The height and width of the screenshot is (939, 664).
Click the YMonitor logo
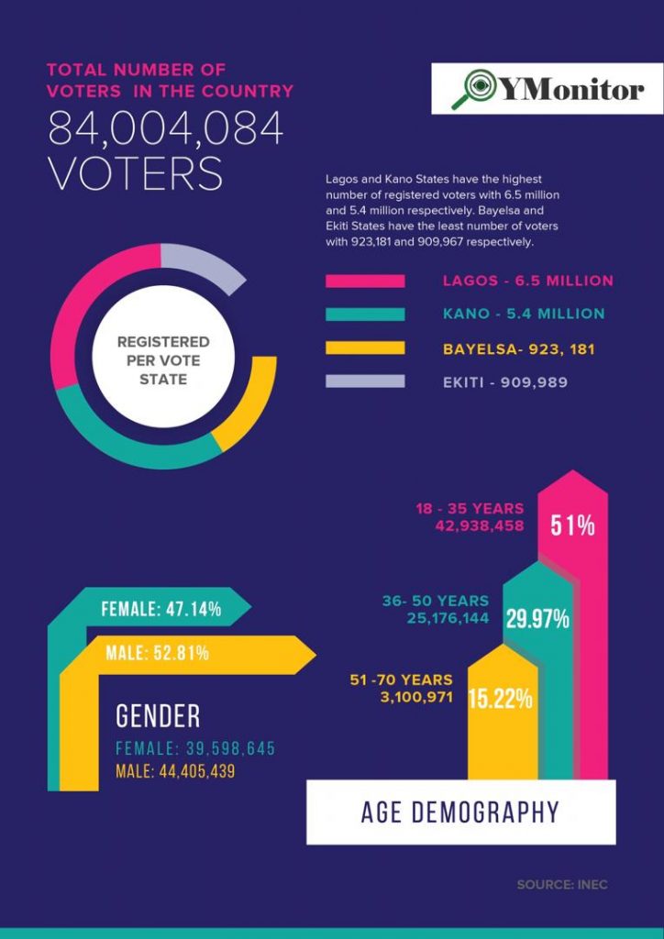point(548,89)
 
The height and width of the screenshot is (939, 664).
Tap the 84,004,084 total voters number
point(165,129)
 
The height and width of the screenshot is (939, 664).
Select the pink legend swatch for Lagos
point(365,281)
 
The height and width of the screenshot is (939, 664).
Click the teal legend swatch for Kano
point(365,314)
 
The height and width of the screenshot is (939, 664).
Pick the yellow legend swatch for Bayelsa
point(365,348)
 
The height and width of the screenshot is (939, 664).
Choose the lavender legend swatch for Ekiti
point(365,381)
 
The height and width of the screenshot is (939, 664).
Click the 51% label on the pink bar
point(572,525)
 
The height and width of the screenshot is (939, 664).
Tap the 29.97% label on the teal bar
point(537,619)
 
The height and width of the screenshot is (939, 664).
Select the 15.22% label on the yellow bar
point(500,699)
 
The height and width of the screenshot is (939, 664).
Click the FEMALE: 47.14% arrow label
point(160,609)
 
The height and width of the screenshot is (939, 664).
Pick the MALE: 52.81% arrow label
point(157,653)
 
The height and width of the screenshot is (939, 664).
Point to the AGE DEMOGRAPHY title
point(459,812)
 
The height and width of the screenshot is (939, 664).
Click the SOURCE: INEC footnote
point(561,885)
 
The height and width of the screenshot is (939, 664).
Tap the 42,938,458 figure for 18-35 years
point(481,526)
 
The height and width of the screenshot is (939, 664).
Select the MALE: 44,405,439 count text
point(175,772)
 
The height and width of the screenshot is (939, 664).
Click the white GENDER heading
point(158,715)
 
